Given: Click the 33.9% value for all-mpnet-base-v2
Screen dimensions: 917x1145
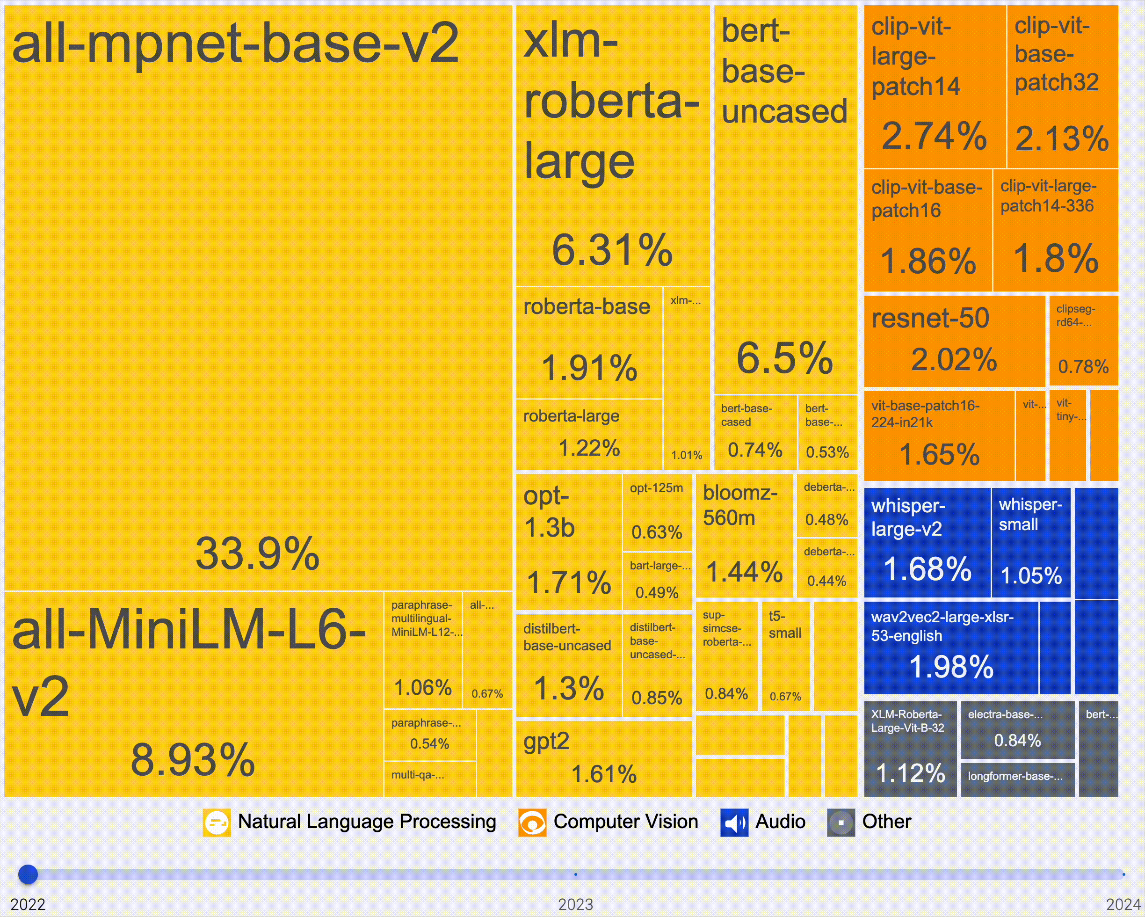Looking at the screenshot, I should (x=258, y=553).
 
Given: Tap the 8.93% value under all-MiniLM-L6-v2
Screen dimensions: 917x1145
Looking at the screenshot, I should (x=193, y=760).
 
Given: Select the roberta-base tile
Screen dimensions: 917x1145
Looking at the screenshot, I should (x=589, y=342).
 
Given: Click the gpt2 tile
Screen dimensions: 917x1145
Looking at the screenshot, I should (x=603, y=758).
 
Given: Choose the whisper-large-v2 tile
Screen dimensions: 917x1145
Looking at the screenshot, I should (x=927, y=542).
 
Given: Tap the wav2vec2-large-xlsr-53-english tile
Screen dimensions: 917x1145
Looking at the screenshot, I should (x=950, y=647).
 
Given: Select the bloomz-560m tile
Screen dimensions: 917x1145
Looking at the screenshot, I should (x=744, y=536).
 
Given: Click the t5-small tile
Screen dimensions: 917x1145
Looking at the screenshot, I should (x=785, y=655).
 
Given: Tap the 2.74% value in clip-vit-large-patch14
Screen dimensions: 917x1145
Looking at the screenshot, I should (x=934, y=136).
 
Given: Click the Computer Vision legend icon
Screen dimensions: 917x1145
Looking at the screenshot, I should (x=532, y=822).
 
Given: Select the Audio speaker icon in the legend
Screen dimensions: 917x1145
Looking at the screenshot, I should (x=734, y=822).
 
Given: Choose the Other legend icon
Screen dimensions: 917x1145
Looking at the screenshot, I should (x=841, y=822).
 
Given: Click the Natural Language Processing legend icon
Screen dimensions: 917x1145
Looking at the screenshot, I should (x=217, y=822).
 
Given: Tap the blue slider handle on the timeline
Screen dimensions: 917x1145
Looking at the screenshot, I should (x=28, y=874).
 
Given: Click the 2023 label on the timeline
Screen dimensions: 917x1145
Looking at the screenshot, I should (x=575, y=904).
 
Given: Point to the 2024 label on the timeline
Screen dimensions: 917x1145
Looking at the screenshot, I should (x=1123, y=904).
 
